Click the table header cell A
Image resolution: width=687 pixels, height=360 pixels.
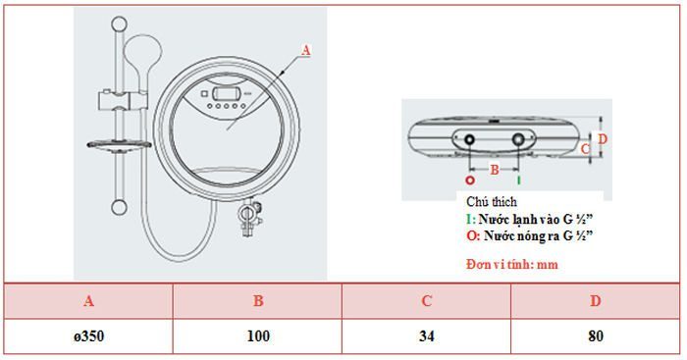tap(89, 301)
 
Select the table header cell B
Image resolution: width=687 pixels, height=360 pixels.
tap(258, 301)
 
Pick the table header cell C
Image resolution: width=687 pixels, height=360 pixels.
tap(426, 301)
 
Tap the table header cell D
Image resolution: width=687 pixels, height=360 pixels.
tap(596, 301)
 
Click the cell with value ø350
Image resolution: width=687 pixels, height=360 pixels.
tap(89, 335)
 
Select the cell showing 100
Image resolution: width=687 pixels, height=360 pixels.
tap(258, 335)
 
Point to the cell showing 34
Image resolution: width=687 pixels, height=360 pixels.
tap(426, 335)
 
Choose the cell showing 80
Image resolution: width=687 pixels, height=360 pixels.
tap(596, 335)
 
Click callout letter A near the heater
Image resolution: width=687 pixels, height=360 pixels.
tap(305, 48)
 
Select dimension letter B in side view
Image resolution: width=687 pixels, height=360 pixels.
tap(495, 170)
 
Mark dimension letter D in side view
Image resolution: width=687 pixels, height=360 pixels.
tap(603, 139)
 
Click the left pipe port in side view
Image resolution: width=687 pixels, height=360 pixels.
tap(470, 140)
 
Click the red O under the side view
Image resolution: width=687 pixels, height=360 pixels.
tap(470, 181)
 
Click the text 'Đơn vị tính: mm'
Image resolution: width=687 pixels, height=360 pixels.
tap(511, 265)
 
